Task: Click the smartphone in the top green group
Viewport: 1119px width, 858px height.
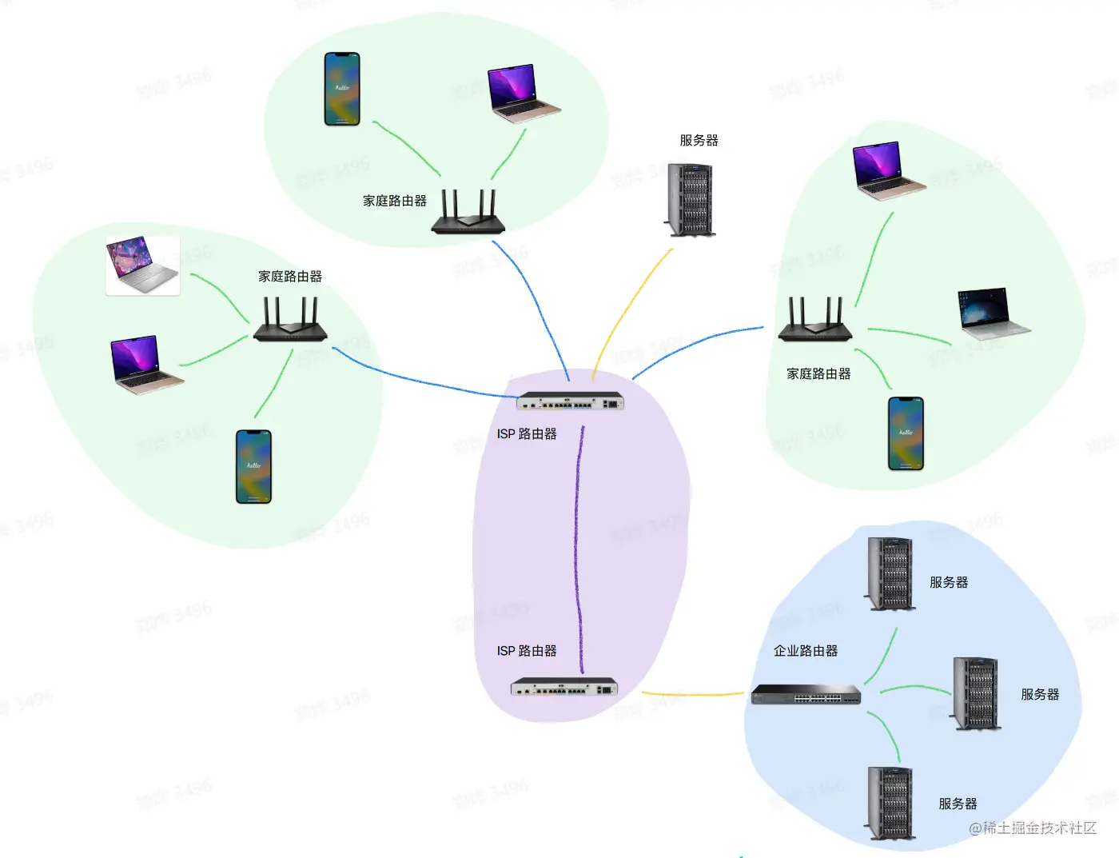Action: coord(342,89)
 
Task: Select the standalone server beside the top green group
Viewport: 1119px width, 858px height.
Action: coord(691,200)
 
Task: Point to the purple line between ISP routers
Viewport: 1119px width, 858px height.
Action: coord(577,544)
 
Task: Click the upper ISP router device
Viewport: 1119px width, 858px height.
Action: coord(569,401)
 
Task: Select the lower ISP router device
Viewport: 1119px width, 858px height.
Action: coord(564,687)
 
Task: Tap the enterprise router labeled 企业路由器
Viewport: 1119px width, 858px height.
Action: coord(806,694)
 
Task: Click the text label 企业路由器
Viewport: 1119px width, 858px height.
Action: coord(806,651)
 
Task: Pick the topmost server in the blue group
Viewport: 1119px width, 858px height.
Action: coord(890,574)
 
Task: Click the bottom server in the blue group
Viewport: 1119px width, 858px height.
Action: coord(890,802)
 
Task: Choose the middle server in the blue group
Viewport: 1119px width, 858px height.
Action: coord(976,693)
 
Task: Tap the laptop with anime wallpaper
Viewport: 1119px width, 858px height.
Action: coord(142,265)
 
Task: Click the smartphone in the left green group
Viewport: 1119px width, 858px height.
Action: coord(253,467)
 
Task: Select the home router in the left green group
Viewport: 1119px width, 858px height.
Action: coord(290,320)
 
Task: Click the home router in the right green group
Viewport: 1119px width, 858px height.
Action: coord(814,320)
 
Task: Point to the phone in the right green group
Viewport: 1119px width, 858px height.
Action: coord(906,433)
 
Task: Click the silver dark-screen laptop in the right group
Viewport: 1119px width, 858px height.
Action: coord(991,312)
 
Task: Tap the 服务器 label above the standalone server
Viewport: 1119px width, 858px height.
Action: coord(699,141)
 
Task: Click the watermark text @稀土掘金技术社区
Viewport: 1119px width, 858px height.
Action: coord(1032,828)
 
